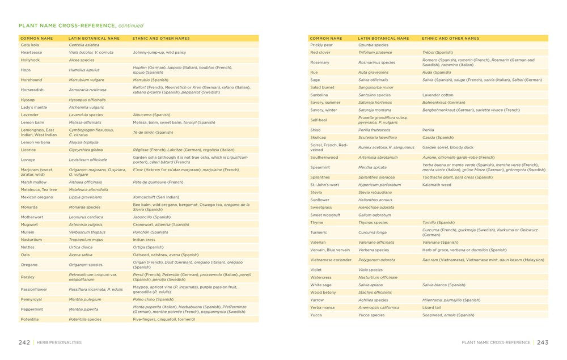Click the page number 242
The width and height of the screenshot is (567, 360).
pos(24,342)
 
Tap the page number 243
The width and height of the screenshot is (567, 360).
pos(543,342)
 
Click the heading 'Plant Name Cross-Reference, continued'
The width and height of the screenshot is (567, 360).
pos(81,26)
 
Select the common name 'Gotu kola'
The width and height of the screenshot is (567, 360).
pos(30,45)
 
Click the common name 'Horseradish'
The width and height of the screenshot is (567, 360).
pos(32,90)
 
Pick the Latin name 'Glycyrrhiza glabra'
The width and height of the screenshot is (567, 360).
pos(86,150)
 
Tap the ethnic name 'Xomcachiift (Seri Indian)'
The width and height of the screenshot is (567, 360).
pos(156,197)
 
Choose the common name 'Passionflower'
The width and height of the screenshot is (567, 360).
pos(34,289)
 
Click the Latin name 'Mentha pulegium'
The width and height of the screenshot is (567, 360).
pos(85,299)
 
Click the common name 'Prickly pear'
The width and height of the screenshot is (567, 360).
pos(321,45)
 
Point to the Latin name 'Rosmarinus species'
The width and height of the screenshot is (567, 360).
pos(376,62)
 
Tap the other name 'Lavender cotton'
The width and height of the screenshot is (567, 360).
pos(438,95)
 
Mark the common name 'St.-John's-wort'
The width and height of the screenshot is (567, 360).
pos(324,185)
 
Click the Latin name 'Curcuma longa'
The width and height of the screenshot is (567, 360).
pos(373,232)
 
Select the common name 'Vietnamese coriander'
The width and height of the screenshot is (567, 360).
pos(331,260)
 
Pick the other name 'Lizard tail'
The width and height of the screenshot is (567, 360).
pos(432,307)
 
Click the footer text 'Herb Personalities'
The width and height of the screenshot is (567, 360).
pos(60,342)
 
